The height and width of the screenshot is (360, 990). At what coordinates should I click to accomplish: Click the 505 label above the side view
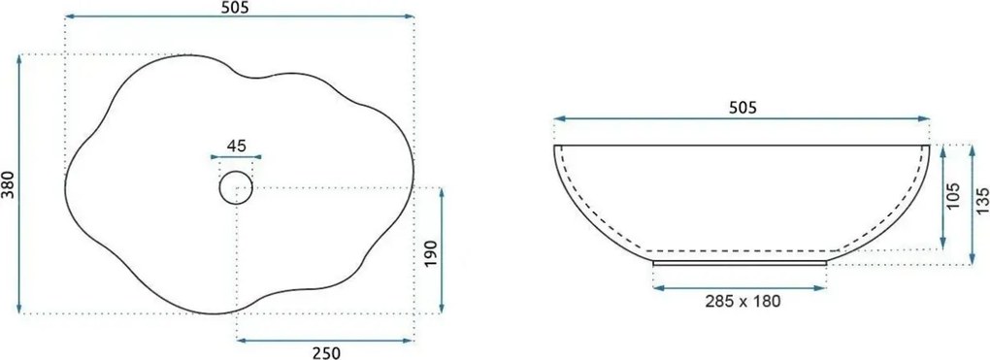pos(742,108)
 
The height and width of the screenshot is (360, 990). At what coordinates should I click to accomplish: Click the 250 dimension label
pos(327,353)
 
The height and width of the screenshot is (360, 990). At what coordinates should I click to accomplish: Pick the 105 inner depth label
pos(953,196)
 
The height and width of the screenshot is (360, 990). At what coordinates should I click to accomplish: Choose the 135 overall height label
pos(982,201)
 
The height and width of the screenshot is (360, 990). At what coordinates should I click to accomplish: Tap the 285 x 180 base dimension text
pos(742,301)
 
